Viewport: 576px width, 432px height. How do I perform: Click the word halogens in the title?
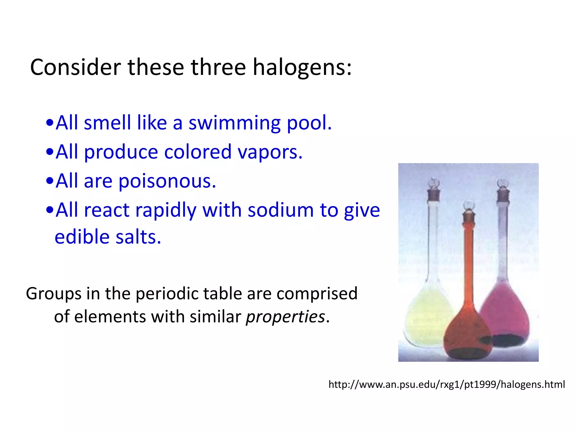point(302,67)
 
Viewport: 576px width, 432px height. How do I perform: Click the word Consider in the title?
point(75,67)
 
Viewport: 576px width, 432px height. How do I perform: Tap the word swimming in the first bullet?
point(234,123)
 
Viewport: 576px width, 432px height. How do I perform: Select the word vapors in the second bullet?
point(270,152)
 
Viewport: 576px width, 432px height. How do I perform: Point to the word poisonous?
point(167,181)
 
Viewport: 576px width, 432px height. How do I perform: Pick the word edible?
point(82,237)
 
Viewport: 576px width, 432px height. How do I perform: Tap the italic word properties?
point(285,317)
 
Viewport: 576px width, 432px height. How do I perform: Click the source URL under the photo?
point(447,384)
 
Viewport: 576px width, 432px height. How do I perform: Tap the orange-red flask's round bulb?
point(467,335)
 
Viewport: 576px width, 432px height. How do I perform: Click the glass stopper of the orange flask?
point(469,205)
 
